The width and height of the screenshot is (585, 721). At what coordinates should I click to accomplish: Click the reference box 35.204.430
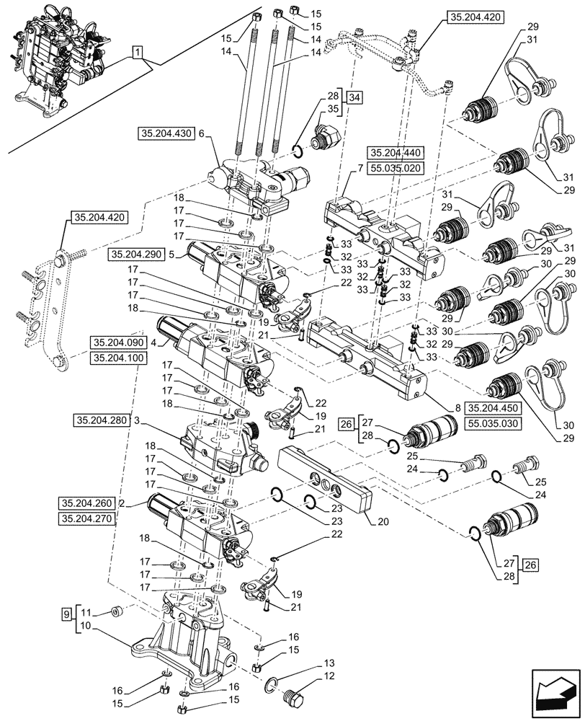165,133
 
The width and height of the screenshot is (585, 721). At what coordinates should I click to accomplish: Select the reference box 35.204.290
136,255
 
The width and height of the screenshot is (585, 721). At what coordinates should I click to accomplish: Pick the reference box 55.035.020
396,167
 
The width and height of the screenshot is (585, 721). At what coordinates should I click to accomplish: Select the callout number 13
329,662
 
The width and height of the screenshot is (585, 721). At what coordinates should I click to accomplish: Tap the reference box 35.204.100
118,357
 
